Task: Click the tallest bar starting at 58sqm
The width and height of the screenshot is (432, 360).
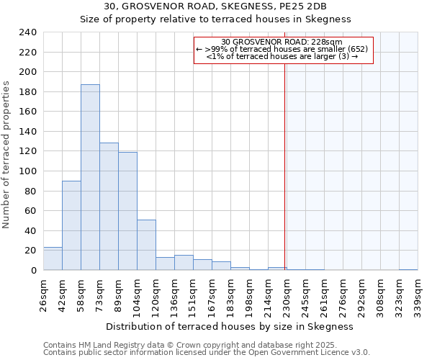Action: pyautogui.click(x=90, y=177)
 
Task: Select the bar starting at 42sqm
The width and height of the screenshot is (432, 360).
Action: pyautogui.click(x=71, y=225)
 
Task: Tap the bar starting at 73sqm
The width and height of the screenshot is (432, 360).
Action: pyautogui.click(x=109, y=207)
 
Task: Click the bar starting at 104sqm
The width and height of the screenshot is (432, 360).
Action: pyautogui.click(x=146, y=245)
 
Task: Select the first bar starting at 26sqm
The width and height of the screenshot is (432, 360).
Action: pyautogui.click(x=53, y=258)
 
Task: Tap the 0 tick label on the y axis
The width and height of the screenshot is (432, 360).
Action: pyautogui.click(x=33, y=271)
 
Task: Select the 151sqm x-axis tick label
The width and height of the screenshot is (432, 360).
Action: pyautogui.click(x=194, y=294)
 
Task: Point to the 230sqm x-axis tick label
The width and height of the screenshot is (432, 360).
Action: pyautogui.click(x=287, y=294)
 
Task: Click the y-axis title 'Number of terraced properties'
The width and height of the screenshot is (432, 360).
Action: pyautogui.click(x=7, y=154)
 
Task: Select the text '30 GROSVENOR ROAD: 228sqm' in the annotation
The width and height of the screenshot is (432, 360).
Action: pyautogui.click(x=282, y=42)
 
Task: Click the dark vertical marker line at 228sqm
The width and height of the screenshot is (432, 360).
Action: pyautogui.click(x=285, y=166)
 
